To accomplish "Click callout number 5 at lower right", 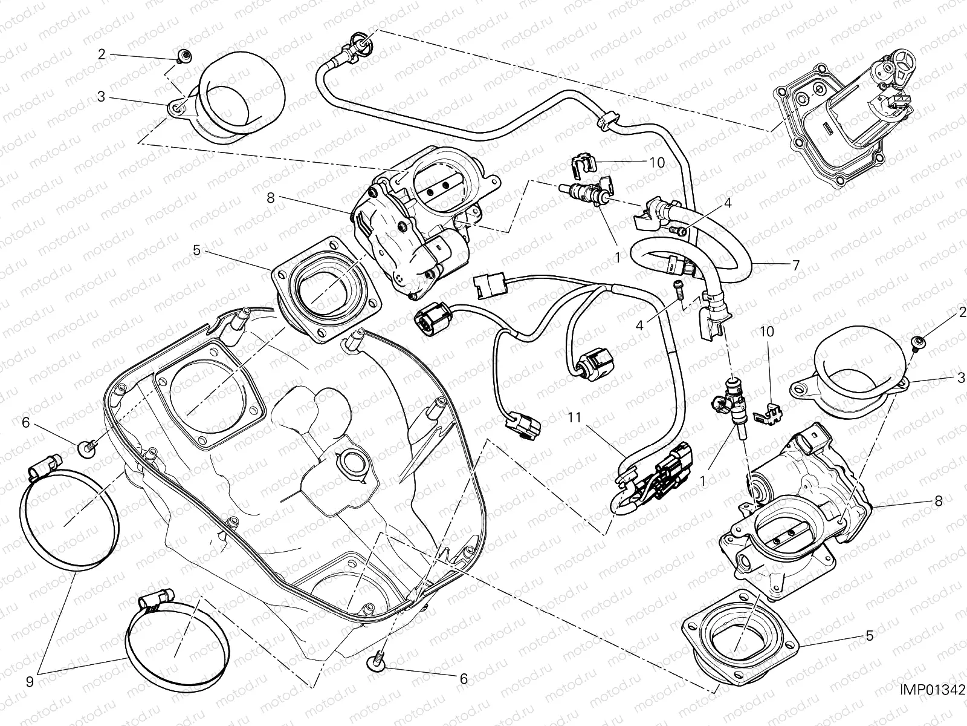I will [x=868, y=636].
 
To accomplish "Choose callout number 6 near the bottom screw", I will [x=464, y=679].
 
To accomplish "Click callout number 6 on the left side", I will [x=25, y=423].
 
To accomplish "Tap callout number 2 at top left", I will [x=102, y=54].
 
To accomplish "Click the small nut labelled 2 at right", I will [x=917, y=343].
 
